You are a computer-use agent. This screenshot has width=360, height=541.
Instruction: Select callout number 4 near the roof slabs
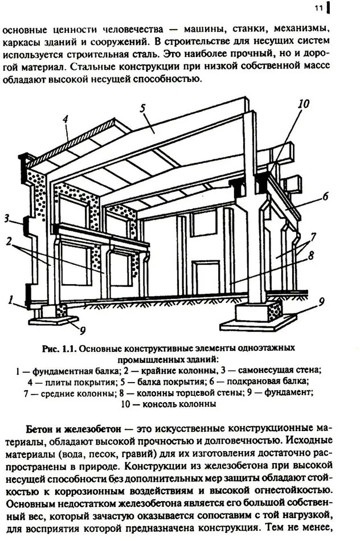pyautogui.click(x=65, y=119)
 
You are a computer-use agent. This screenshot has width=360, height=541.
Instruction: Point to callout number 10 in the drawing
pyautogui.click(x=304, y=104)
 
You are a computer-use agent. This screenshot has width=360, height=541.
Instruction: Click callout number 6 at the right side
pyautogui.click(x=325, y=197)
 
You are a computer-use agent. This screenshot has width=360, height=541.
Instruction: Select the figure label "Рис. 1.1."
pyautogui.click(x=59, y=348)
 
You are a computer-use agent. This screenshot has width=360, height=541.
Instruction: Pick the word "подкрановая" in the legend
pyautogui.click(x=249, y=382)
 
